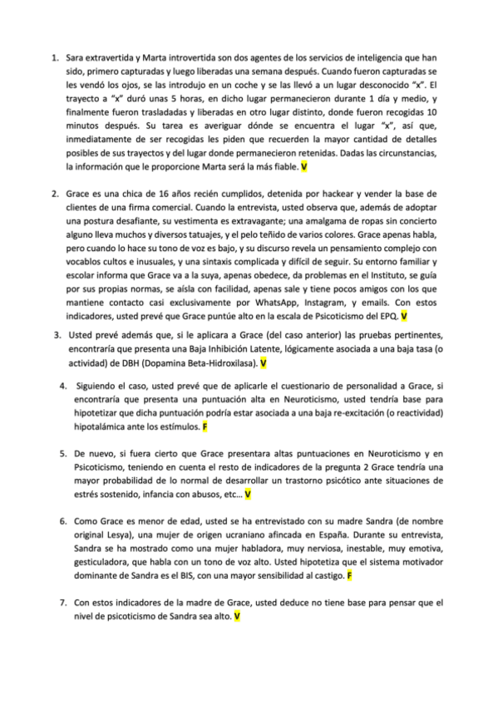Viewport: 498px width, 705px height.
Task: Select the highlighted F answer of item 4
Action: tap(205, 426)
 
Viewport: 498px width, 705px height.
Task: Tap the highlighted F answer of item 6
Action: tap(350, 575)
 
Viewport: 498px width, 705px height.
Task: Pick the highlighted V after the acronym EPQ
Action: tap(404, 317)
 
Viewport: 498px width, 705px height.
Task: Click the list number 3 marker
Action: tap(56, 335)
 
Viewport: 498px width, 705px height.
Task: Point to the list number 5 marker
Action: tap(64, 454)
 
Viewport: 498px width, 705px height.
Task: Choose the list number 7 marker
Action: tap(64, 602)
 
